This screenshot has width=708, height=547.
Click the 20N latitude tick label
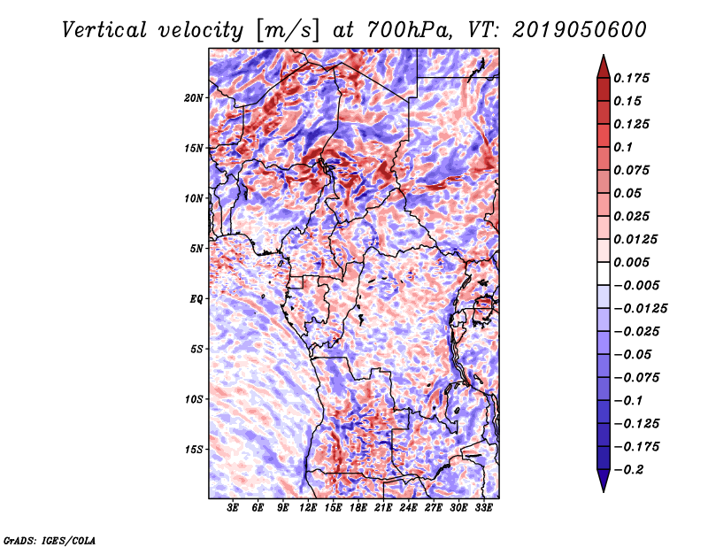coord(194,97)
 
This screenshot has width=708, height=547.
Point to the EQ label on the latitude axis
coord(196,299)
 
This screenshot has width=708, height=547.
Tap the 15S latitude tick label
coord(194,450)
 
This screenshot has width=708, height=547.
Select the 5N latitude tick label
coord(196,249)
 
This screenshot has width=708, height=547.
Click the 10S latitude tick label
coord(194,399)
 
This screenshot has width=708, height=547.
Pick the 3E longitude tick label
coord(234,508)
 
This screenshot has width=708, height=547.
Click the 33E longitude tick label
coord(484,508)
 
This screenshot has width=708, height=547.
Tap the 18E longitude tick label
coord(358,508)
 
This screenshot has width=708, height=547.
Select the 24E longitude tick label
coord(409,508)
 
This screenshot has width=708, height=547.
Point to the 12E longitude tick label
coord(308,508)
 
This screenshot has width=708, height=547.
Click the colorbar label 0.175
coord(632,78)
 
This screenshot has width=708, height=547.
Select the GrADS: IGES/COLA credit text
coord(49,539)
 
